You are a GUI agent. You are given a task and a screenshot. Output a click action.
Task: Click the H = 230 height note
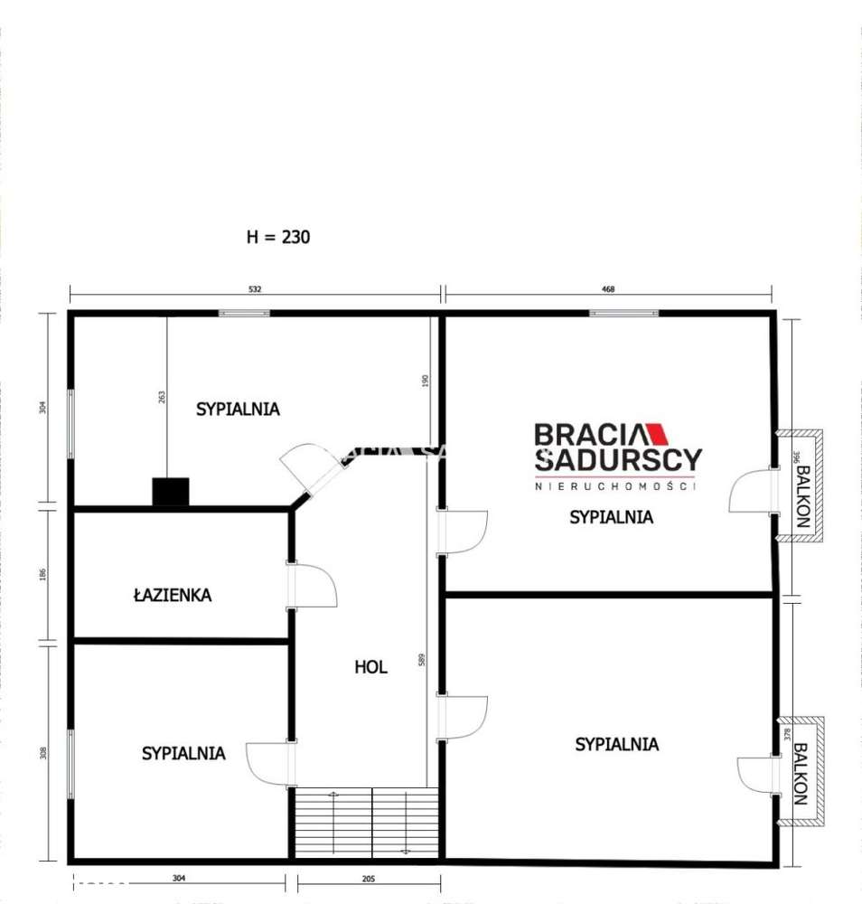[x=278, y=237]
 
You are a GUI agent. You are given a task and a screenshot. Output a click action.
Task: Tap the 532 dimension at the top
[x=255, y=290]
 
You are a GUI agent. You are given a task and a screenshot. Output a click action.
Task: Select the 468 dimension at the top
[x=608, y=290]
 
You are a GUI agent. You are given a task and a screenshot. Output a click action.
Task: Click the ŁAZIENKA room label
[x=172, y=595]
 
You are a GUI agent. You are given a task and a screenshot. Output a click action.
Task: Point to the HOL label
[x=370, y=667]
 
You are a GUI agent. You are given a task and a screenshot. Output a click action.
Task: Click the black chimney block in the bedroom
[x=170, y=491]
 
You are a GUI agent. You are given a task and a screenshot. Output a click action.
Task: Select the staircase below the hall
[x=367, y=821]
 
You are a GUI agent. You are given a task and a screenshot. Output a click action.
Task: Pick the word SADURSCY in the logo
[x=617, y=459]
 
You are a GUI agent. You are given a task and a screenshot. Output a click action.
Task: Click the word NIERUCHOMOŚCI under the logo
[x=617, y=486]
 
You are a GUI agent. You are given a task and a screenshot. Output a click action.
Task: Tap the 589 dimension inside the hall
[x=421, y=661]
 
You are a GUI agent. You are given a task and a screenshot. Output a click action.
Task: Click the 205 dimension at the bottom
[x=366, y=878]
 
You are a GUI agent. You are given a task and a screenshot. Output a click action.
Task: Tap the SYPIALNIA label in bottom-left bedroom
[x=183, y=752]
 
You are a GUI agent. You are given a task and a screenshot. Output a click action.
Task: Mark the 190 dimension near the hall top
[x=425, y=381]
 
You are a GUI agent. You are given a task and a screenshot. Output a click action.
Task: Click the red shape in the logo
[x=660, y=435]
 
